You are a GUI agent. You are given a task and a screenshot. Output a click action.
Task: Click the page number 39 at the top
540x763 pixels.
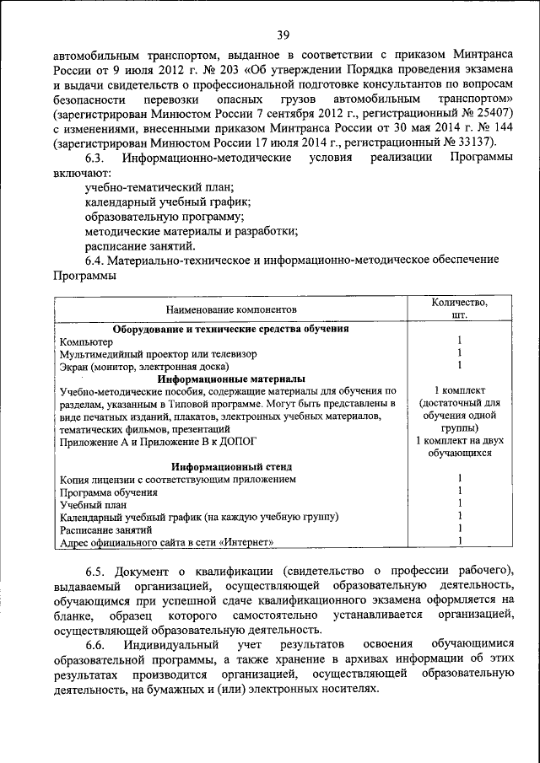click(x=283, y=35)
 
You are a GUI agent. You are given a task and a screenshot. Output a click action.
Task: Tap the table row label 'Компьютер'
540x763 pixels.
click(x=85, y=341)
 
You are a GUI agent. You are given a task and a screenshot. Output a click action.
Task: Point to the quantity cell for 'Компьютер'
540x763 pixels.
click(x=459, y=341)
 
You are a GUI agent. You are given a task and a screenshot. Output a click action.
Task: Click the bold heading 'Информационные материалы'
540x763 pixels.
click(x=231, y=379)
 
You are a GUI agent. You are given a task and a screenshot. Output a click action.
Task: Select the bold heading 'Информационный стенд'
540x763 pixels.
click(x=231, y=466)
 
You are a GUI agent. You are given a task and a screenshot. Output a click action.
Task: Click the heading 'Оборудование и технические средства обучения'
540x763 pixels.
click(x=231, y=329)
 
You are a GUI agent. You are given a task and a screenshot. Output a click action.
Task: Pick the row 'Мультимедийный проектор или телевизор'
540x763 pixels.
click(x=158, y=354)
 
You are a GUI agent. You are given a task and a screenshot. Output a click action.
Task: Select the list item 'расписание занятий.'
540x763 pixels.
click(x=140, y=245)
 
